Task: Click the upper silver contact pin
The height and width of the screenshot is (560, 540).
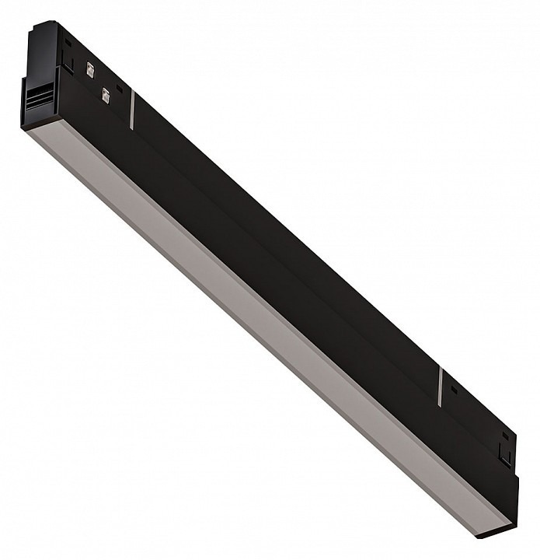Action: (89, 69)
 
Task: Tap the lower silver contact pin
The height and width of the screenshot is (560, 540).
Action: (105, 95)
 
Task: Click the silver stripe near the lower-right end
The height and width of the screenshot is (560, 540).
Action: (440, 387)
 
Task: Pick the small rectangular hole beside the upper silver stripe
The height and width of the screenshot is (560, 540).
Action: (119, 89)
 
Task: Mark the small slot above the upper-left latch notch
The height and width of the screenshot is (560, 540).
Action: (68, 44)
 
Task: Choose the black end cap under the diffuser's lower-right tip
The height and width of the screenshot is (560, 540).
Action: (493, 534)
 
